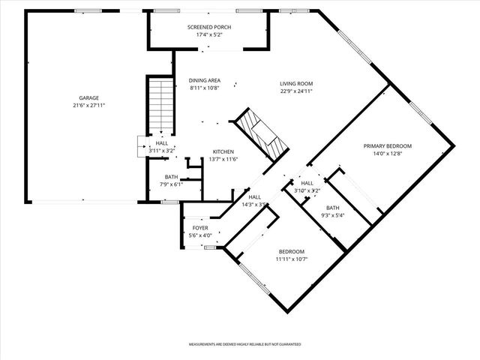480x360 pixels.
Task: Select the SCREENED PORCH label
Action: [x=209, y=27]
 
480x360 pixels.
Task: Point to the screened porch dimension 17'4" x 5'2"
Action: [x=209, y=34]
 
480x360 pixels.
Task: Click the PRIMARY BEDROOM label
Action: [x=388, y=145]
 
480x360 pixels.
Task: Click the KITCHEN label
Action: [x=223, y=151]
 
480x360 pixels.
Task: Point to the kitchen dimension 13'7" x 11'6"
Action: [x=223, y=158]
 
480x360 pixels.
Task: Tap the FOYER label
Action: [x=200, y=227]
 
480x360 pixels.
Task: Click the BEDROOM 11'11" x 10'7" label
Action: [x=292, y=251]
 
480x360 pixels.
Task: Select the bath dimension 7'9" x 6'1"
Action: [x=172, y=184]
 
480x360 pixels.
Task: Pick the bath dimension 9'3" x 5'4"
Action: [x=333, y=215]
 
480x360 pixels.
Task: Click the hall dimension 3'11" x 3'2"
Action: [x=162, y=151]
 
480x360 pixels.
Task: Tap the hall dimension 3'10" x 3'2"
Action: [x=307, y=190]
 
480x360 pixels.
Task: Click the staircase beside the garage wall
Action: [x=160, y=106]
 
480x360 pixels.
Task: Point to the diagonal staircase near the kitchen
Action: [x=261, y=135]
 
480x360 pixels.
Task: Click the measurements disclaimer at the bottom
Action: [x=244, y=343]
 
